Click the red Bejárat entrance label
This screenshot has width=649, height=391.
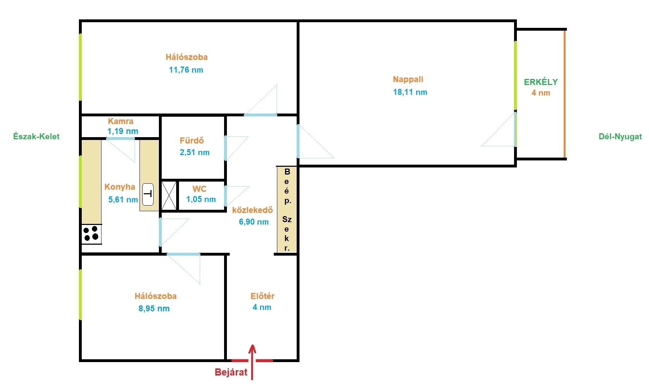pyautogui.click(x=231, y=372)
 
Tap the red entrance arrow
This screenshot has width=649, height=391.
pyautogui.click(x=252, y=362)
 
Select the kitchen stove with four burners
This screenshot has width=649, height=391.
pyautogui.click(x=92, y=234)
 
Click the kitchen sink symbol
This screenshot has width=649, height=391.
pyautogui.click(x=148, y=194)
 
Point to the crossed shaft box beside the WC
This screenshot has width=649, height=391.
pyautogui.click(x=169, y=195)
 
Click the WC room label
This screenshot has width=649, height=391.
pyautogui.click(x=199, y=189)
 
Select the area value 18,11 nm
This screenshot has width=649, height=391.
pyautogui.click(x=410, y=92)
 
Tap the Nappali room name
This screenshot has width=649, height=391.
pyautogui.click(x=408, y=79)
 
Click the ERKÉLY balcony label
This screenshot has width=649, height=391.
pyautogui.click(x=541, y=82)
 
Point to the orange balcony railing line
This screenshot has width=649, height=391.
pyautogui.click(x=565, y=94)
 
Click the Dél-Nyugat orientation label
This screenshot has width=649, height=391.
pyautogui.click(x=620, y=137)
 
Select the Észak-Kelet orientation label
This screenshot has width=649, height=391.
pyautogui.click(x=36, y=136)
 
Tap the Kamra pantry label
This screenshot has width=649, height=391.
pyautogui.click(x=120, y=121)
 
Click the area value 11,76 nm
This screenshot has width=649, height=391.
pyautogui.click(x=186, y=70)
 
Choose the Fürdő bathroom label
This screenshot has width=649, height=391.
pyautogui.click(x=192, y=141)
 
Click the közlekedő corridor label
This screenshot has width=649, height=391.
pyautogui.click(x=253, y=210)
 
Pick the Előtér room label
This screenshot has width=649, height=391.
pyautogui.click(x=262, y=296)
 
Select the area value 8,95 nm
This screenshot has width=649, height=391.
pyautogui.click(x=154, y=308)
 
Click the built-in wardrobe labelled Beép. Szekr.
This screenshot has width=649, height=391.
pyautogui.click(x=287, y=210)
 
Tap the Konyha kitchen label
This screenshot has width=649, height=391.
pyautogui.click(x=120, y=187)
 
